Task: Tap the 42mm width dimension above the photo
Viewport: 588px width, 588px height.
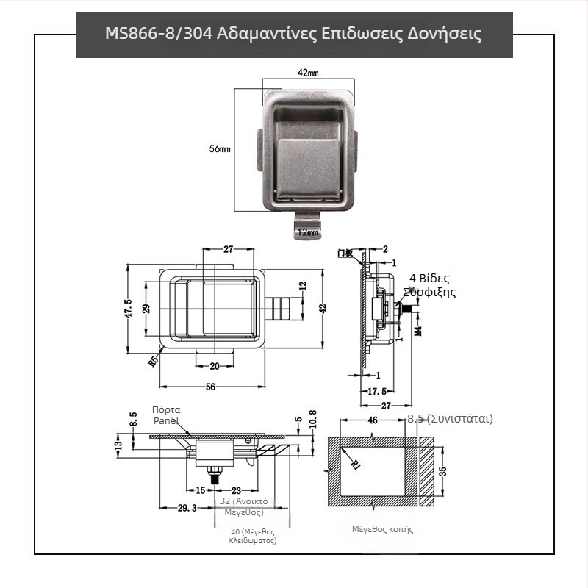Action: (308, 73)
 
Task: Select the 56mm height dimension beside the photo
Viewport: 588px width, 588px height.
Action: (220, 149)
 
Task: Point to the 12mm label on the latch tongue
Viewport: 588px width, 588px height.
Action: (307, 232)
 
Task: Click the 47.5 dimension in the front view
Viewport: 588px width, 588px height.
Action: (129, 308)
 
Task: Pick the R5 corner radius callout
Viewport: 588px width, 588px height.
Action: (154, 361)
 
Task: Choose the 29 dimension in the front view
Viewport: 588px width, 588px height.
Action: (146, 309)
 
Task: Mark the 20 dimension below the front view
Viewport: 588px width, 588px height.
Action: (215, 366)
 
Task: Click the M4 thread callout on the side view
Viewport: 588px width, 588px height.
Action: (417, 326)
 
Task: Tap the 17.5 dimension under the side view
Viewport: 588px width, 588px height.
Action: (376, 392)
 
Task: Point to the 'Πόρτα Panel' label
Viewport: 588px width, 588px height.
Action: (166, 415)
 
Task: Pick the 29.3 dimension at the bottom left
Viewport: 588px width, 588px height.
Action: (187, 508)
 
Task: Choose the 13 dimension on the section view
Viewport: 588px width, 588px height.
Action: (118, 445)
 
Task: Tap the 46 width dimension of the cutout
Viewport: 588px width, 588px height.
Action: (373, 420)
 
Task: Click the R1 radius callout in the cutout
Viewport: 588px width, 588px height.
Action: (355, 464)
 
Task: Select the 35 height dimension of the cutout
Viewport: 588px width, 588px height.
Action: (442, 471)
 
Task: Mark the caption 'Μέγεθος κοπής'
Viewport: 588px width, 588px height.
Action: (382, 529)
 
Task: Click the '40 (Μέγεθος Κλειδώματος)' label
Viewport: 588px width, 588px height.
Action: (252, 535)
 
